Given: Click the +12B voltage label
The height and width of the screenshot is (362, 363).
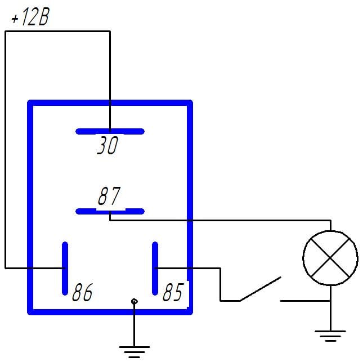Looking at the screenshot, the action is pyautogui.click(x=30, y=17).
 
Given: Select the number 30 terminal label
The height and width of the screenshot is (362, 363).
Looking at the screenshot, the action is pyautogui.click(x=107, y=145).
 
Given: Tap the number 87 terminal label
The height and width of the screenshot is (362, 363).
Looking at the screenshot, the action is pyautogui.click(x=109, y=196).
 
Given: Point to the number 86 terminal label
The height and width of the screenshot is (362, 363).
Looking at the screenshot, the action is pyautogui.click(x=82, y=292).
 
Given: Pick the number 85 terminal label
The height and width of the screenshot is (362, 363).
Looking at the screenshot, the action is pyautogui.click(x=173, y=292).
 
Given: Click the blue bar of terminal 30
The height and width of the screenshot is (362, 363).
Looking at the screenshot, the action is pyautogui.click(x=110, y=132).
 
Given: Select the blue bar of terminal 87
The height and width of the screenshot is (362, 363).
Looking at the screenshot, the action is pyautogui.click(x=110, y=211).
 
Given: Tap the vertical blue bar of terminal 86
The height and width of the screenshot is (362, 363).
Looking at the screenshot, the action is pyautogui.click(x=65, y=269).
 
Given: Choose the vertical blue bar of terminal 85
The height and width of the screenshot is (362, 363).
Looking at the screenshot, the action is pyautogui.click(x=155, y=269).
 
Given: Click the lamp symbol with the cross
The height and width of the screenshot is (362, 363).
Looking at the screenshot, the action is pyautogui.click(x=330, y=258).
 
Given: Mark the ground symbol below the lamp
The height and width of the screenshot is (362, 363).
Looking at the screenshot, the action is pyautogui.click(x=330, y=336).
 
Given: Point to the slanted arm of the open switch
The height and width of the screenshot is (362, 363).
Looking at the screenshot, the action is pyautogui.click(x=261, y=289).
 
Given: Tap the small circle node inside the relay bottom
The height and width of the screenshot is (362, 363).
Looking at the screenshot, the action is pyautogui.click(x=135, y=301).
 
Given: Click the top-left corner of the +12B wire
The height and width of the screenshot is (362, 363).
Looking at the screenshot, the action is pyautogui.click(x=5, y=32).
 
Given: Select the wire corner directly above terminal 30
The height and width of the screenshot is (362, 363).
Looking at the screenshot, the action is pyautogui.click(x=110, y=32).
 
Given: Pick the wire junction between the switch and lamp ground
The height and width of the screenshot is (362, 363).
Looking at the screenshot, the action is pyautogui.click(x=330, y=301).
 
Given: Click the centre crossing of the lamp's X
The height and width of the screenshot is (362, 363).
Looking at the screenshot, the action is pyautogui.click(x=330, y=258).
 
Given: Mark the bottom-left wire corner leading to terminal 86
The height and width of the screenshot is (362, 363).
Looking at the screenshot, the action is pyautogui.click(x=5, y=269).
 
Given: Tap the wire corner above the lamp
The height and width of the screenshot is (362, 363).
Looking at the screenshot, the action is pyautogui.click(x=330, y=221).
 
